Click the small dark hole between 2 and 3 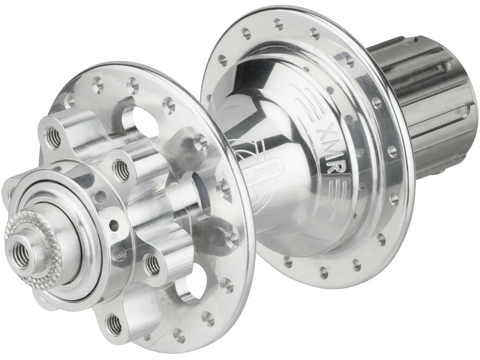pyautogui.click(x=112, y=225)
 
